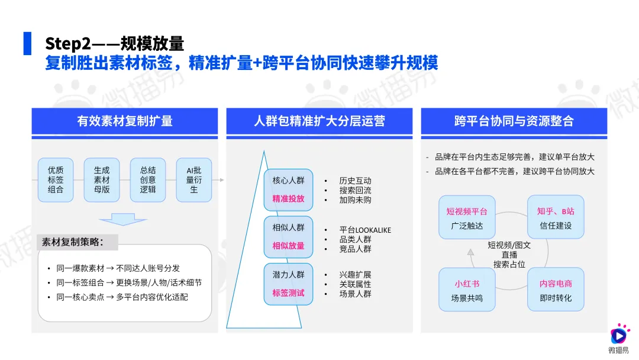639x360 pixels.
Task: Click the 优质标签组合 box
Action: [56, 180]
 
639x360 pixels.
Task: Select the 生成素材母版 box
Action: [102, 180]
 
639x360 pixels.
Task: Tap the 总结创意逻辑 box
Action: [148, 180]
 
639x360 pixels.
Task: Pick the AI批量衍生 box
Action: [194, 180]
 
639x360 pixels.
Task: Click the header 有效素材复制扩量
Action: [125, 121]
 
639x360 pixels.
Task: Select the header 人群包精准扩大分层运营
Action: [319, 121]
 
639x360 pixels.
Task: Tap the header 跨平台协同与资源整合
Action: [514, 121]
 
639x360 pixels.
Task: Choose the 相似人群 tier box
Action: [288, 236]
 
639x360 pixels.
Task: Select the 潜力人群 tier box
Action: [288, 284]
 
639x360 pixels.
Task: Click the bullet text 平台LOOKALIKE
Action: [365, 230]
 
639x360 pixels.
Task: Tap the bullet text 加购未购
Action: [356, 200]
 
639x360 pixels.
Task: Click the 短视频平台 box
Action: [467, 218]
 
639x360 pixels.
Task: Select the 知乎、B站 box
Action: [556, 218]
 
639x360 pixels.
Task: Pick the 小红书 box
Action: [467, 290]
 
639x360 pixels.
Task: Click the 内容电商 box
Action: [556, 290]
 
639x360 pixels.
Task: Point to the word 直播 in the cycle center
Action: [509, 255]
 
